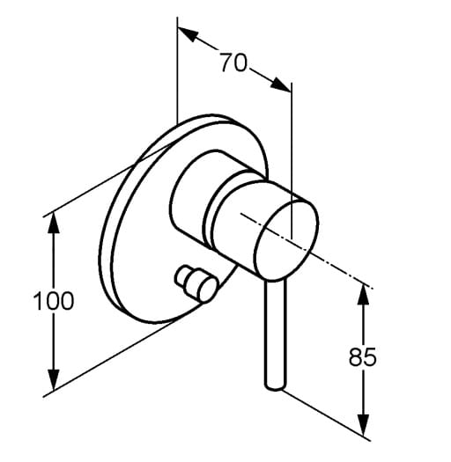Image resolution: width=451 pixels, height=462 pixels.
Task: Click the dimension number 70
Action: pos(233,62)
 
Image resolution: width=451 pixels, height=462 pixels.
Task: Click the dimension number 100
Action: pos(54,301)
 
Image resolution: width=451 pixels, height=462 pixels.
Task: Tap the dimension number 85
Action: pos(363,356)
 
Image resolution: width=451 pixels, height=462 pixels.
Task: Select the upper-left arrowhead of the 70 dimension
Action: pos(188,34)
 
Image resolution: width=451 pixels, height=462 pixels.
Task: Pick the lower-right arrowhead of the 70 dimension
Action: pos(281,84)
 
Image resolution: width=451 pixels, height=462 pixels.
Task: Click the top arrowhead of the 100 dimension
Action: pos(54,223)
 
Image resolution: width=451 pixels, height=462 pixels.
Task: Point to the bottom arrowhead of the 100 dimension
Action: pos(54,380)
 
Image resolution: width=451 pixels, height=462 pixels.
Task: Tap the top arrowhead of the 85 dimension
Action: pos(363,295)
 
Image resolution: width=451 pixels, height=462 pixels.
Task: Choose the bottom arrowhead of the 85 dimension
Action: pos(363,425)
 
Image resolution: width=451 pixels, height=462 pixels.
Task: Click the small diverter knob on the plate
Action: pos(196,283)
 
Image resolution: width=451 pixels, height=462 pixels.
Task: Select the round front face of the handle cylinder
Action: pos(286,240)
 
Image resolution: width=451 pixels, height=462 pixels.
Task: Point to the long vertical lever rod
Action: pos(276,333)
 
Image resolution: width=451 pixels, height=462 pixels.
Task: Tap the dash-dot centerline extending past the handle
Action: pos(307,251)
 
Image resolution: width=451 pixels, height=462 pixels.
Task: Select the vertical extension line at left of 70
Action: pos(177,70)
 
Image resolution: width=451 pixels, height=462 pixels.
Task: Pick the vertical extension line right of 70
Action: pos(292,161)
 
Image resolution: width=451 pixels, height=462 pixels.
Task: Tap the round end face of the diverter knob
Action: pos(207,290)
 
